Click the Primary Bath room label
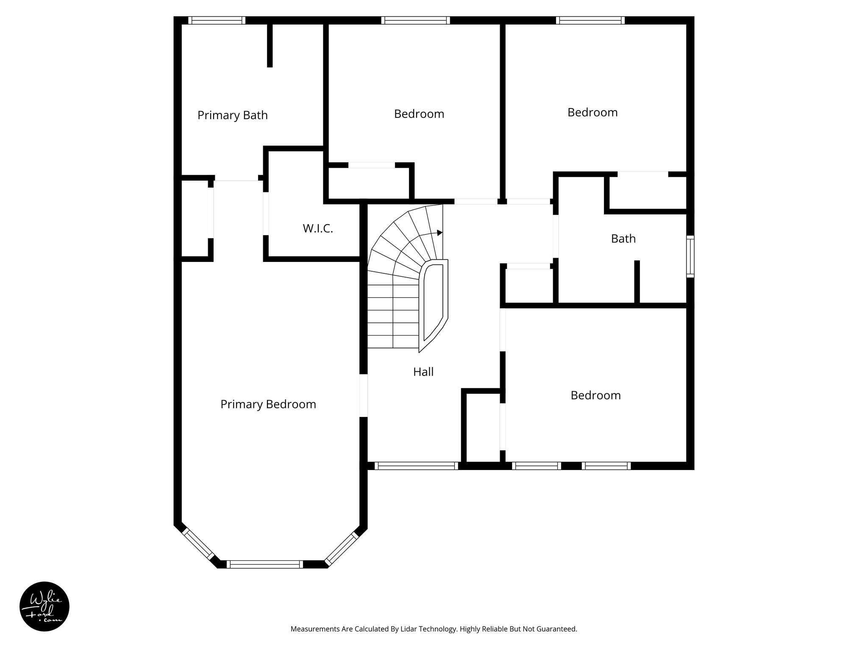[x=232, y=115]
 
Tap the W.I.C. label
[x=318, y=229]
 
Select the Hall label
[x=423, y=372]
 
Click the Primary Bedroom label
[x=268, y=404]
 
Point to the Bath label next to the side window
[x=623, y=239]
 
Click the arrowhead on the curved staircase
[x=440, y=233]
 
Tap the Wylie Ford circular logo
[x=45, y=606]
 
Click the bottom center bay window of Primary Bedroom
[x=265, y=564]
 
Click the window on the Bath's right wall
[x=690, y=256]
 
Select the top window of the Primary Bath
[x=217, y=20]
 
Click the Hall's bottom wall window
[x=416, y=466]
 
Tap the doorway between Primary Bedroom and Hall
[x=363, y=395]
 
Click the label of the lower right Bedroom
[x=595, y=395]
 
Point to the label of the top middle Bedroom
[x=419, y=114]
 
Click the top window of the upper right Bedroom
[x=590, y=20]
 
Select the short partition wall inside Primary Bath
[x=270, y=45]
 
